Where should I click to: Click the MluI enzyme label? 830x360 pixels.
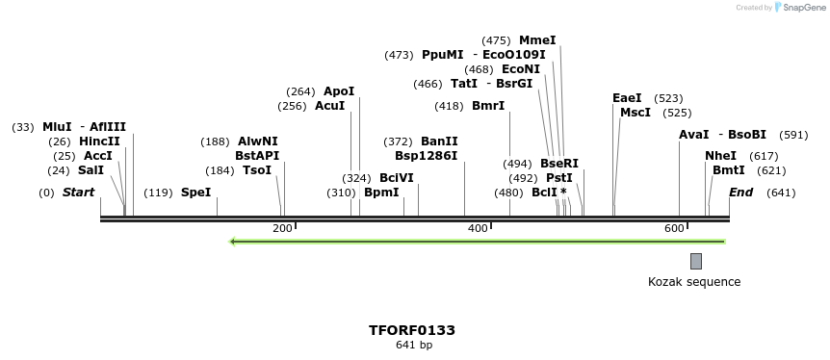click(x=57, y=127)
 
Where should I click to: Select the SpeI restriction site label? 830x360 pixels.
click(x=195, y=193)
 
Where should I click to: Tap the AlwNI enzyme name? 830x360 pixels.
click(x=258, y=141)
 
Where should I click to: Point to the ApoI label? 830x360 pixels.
click(x=339, y=91)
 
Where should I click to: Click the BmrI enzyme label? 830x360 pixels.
click(x=488, y=106)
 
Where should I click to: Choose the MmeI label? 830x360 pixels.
click(x=537, y=40)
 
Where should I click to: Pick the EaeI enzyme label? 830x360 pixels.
click(x=627, y=98)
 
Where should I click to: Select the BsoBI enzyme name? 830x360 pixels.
click(x=747, y=135)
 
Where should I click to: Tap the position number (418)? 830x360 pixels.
click(x=449, y=106)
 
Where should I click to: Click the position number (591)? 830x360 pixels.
click(x=793, y=135)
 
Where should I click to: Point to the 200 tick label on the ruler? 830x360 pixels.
click(x=282, y=228)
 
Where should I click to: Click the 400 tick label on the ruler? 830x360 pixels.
click(x=479, y=228)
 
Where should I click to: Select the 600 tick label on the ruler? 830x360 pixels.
click(x=674, y=228)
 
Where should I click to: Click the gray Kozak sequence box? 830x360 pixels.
click(x=696, y=261)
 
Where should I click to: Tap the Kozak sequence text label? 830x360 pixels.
click(x=694, y=282)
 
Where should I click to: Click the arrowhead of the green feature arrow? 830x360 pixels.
click(x=233, y=242)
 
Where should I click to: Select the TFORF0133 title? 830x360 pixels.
click(x=412, y=330)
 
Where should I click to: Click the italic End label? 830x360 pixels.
click(x=740, y=193)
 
